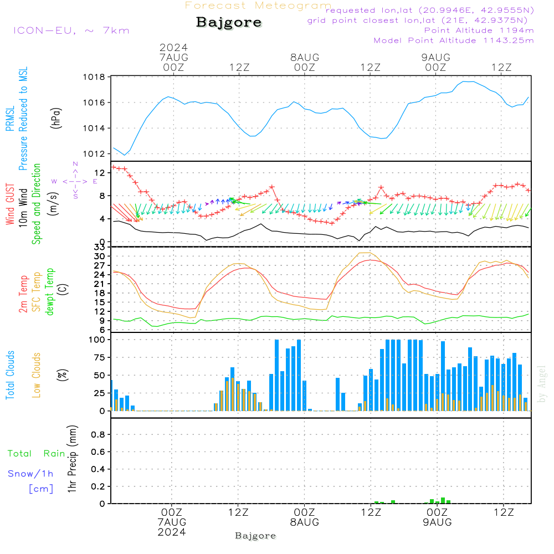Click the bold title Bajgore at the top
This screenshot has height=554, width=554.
(229, 23)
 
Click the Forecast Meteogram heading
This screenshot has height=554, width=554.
(258, 6)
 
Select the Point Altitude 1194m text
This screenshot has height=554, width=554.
(479, 30)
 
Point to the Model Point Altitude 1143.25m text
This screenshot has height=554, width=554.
(454, 40)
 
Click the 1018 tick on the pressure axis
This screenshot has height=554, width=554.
(95, 77)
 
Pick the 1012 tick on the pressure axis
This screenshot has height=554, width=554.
(95, 154)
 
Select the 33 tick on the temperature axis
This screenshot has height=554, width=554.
(98, 247)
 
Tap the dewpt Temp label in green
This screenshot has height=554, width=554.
(50, 291)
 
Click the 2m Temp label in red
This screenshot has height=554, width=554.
(24, 291)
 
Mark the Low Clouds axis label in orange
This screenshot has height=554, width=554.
(37, 375)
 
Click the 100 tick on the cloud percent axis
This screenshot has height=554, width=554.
(98, 340)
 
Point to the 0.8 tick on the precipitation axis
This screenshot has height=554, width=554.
(98, 435)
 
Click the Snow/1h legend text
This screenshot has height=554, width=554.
(30, 474)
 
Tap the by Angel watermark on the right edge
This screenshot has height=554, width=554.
(542, 384)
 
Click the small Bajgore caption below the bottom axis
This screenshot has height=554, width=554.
(255, 536)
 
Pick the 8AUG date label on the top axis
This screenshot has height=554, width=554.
(304, 57)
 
